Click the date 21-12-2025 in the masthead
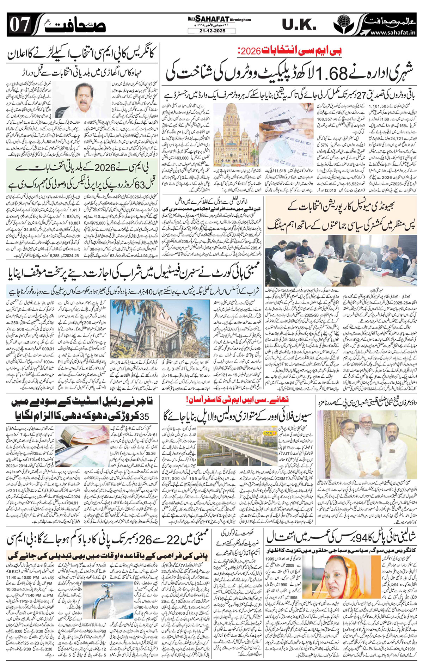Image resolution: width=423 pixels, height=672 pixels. pos(211,31)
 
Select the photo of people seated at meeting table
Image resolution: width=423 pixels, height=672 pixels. pos(341,260)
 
